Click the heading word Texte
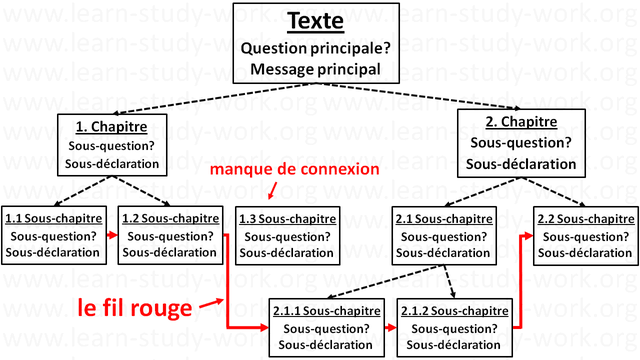[317, 23]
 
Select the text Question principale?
[317, 49]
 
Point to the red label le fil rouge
[134, 308]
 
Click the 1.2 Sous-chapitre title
[167, 218]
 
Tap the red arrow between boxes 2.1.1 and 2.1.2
[386, 328]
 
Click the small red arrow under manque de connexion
[270, 191]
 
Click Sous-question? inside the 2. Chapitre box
[520, 142]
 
